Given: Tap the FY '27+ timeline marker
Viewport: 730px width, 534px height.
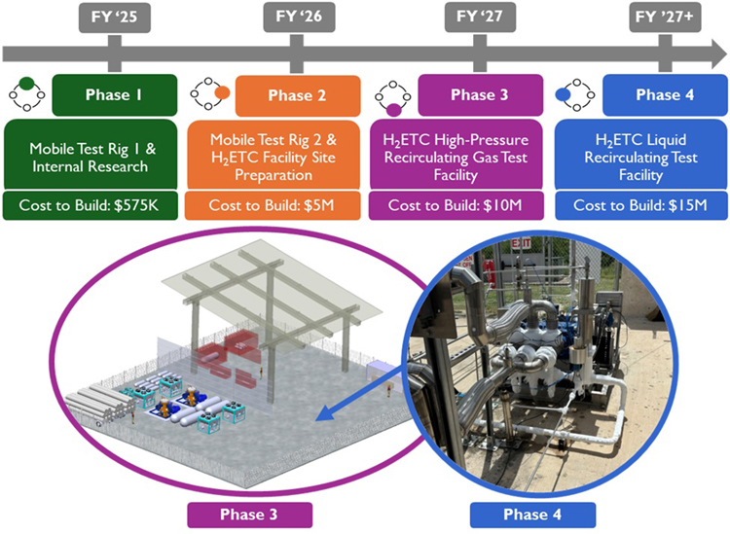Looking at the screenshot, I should click(x=659, y=18).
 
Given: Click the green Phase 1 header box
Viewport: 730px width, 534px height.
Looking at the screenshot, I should click(x=115, y=95).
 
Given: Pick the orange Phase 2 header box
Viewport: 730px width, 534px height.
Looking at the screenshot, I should click(x=298, y=95).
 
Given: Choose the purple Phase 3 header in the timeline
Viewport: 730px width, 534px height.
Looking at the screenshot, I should click(x=479, y=95).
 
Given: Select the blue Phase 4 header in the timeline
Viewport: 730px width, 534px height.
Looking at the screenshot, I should click(x=659, y=95).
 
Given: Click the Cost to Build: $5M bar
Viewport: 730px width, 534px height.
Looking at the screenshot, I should click(x=272, y=205).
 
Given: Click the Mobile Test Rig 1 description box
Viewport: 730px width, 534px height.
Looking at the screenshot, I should click(x=90, y=156).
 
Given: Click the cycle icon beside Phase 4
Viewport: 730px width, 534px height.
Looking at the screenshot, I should click(x=573, y=93).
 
